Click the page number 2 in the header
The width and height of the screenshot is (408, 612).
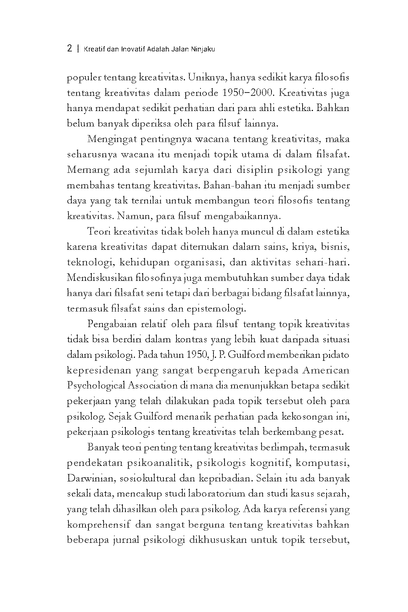(x=70, y=48)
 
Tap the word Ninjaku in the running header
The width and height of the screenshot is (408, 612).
(x=203, y=49)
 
